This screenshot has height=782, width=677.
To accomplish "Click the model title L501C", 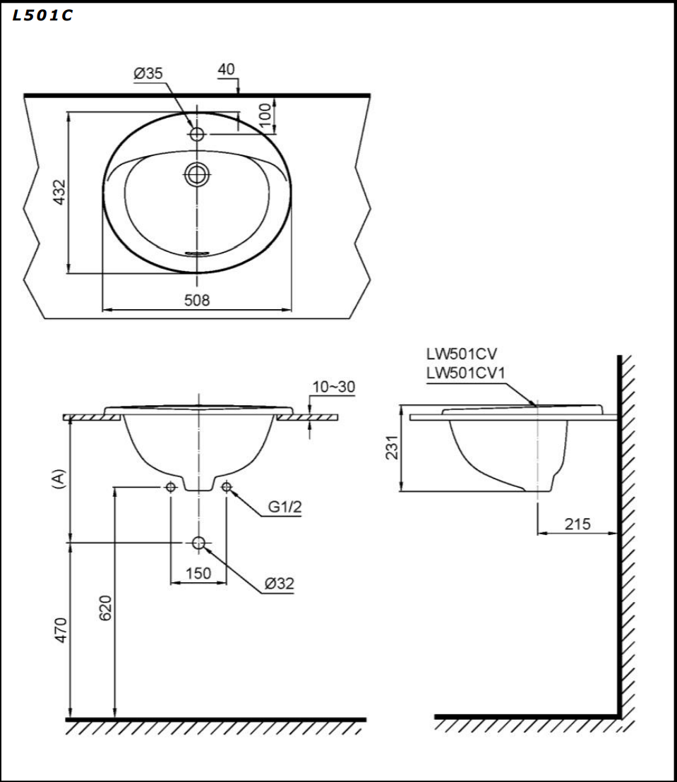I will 42,16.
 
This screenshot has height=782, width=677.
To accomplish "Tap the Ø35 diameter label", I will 148,73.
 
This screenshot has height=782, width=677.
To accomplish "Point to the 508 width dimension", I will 197,300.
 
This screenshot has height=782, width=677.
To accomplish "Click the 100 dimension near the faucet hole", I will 265,116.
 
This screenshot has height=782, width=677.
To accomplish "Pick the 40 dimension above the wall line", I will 227,69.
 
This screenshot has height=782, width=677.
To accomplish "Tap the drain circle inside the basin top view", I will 198,173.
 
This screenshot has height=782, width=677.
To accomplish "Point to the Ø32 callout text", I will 279,584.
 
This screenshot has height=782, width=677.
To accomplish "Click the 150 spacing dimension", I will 198,573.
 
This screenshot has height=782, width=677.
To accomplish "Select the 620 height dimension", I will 104,607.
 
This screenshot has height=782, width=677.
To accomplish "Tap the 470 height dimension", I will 61,630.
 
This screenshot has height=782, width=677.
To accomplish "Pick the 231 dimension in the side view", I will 393,447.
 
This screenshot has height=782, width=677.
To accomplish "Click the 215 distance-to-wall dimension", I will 577,524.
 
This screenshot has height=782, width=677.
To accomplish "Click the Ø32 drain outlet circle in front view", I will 198,542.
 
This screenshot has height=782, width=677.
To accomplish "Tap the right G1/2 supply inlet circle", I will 227,487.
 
